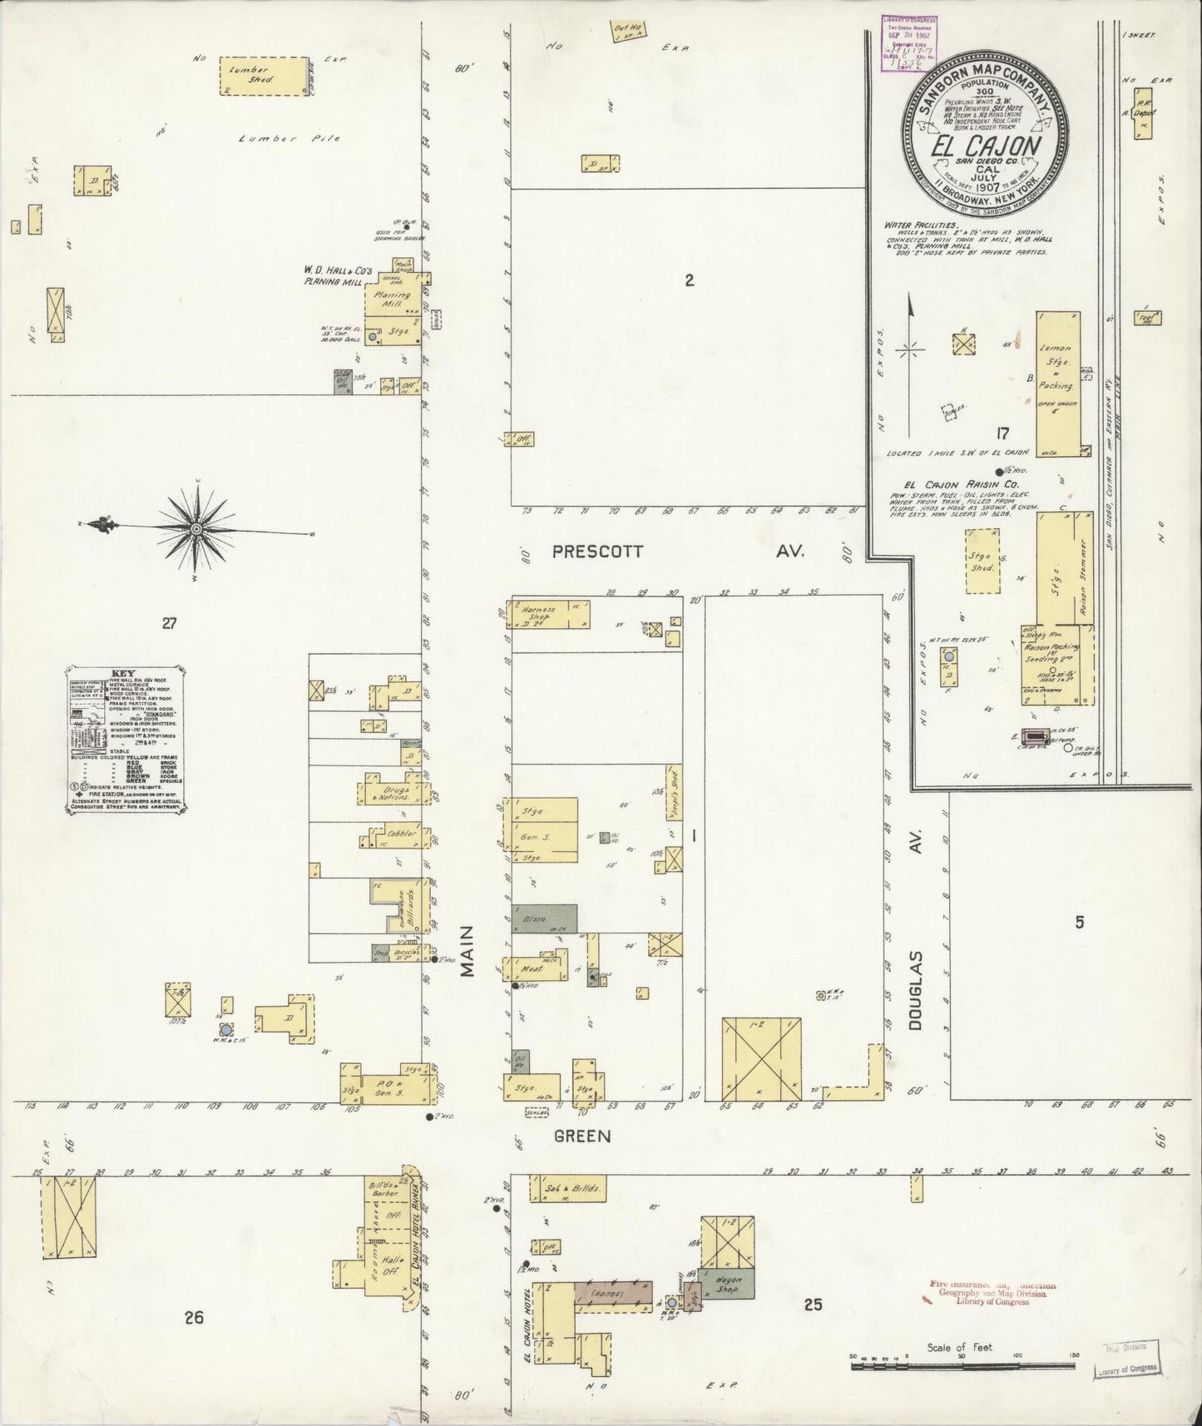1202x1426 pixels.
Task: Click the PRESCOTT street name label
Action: [x=599, y=551]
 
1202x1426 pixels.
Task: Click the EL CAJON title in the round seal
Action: [x=985, y=146]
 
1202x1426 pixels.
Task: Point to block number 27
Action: [x=169, y=623]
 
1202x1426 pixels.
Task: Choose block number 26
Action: [x=194, y=1317]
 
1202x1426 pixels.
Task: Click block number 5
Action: [x=1079, y=921]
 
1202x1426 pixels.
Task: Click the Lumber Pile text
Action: [x=289, y=138]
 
